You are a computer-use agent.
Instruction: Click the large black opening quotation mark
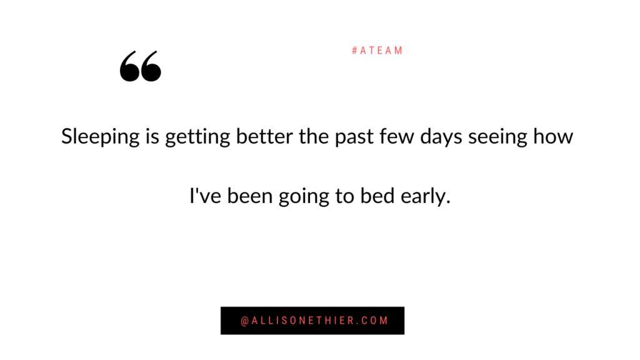tap(141, 66)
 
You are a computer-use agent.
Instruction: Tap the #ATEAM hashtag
tap(377, 51)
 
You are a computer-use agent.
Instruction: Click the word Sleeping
tap(101, 137)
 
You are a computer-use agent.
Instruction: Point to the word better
tap(264, 136)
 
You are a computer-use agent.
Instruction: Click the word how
tap(553, 136)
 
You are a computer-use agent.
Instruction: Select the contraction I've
tap(205, 196)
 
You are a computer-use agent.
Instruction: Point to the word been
tap(250, 196)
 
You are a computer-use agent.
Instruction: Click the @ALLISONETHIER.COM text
tap(314, 321)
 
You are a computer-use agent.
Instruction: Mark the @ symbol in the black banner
tap(244, 321)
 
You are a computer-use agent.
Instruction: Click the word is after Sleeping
tap(152, 136)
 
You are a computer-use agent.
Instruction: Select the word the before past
tap(314, 136)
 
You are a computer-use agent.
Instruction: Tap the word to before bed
tap(344, 196)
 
